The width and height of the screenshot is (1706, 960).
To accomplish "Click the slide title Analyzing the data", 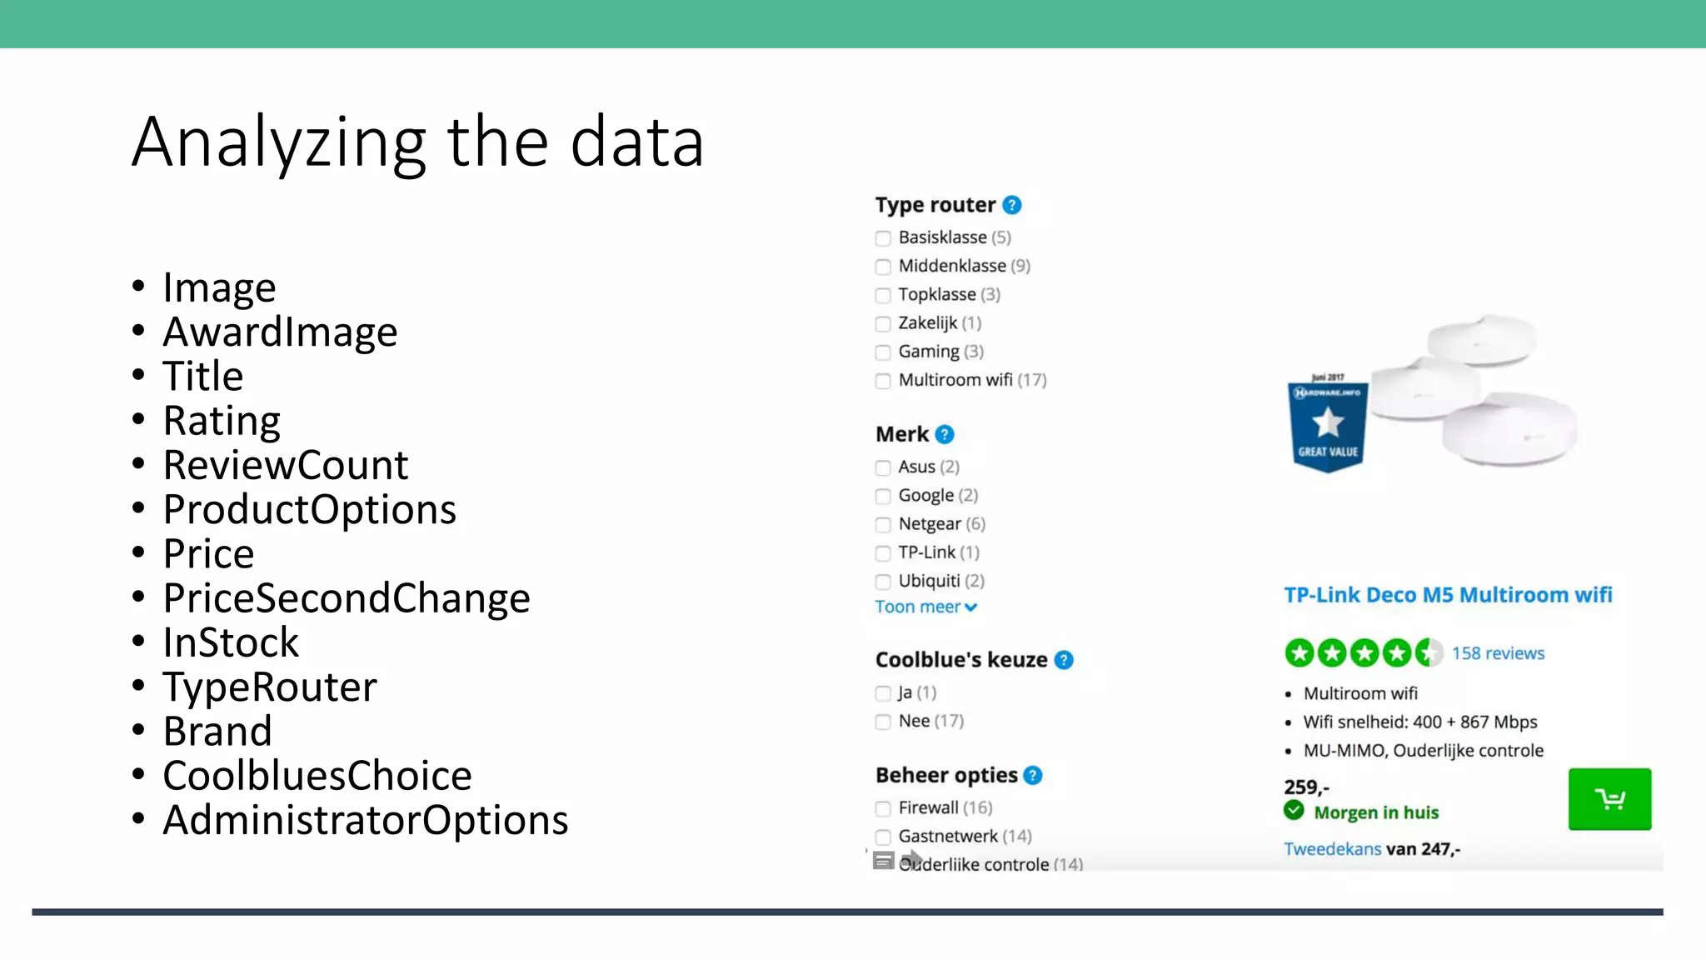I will (x=418, y=142).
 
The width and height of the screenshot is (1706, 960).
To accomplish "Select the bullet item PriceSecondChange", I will (x=346, y=597).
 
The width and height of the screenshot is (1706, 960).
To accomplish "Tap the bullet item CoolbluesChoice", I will (x=317, y=775).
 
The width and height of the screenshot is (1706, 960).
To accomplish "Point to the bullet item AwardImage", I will (x=280, y=332).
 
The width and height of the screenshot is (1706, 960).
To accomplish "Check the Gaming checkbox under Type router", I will (x=883, y=352).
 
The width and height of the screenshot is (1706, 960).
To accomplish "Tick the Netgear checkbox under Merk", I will (x=883, y=525).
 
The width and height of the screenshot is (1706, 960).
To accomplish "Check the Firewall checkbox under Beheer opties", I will (x=883, y=808).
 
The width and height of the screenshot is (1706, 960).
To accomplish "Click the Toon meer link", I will (x=925, y=607).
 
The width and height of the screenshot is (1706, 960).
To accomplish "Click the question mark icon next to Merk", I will (x=944, y=434).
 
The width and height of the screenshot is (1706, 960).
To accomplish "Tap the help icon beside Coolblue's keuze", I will (x=1064, y=660).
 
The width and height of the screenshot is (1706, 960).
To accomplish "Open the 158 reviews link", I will (x=1497, y=653).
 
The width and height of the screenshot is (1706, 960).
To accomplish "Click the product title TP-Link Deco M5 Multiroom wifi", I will (x=1448, y=595).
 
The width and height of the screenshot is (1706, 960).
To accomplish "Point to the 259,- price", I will (x=1306, y=787).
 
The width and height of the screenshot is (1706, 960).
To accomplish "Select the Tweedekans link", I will (x=1332, y=849).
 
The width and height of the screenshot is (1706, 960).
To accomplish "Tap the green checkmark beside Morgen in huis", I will (x=1294, y=810).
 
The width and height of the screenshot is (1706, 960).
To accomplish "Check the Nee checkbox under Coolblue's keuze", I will (x=883, y=722).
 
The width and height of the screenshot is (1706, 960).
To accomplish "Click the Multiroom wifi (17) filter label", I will (x=971, y=380).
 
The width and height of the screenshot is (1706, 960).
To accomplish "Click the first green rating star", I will (x=1299, y=652).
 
